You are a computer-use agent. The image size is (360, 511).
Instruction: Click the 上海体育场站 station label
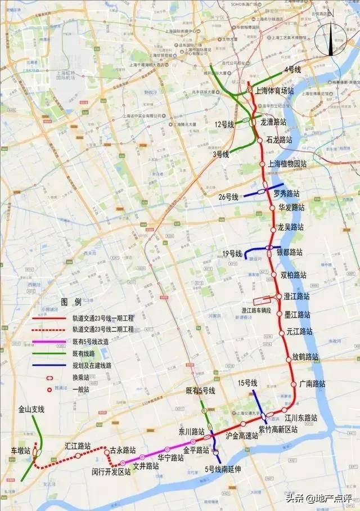(x=274, y=90)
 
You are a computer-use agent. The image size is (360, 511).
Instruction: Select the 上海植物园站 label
(x=287, y=164)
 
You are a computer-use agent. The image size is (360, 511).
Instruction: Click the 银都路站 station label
(x=289, y=252)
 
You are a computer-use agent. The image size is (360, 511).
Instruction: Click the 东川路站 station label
(x=191, y=432)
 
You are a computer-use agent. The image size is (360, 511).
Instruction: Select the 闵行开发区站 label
(x=111, y=472)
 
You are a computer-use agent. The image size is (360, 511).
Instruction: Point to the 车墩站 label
(x=21, y=451)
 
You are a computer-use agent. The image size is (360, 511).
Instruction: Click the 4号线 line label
(x=292, y=69)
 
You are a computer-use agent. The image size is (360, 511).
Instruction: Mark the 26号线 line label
(x=229, y=197)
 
